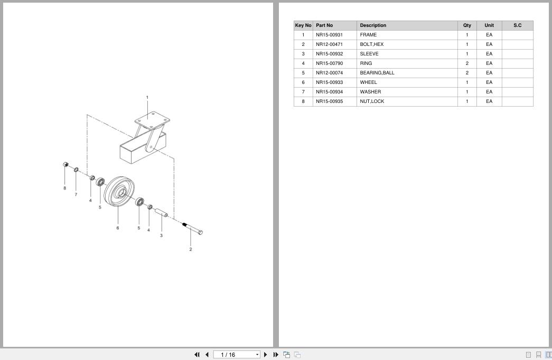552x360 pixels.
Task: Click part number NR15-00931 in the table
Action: tap(329, 35)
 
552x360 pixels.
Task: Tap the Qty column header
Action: tap(467, 25)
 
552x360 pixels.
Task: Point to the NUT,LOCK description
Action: tap(372, 101)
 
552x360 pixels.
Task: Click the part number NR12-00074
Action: tap(329, 73)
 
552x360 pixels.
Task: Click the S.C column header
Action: tap(517, 25)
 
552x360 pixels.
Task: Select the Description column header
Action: tap(373, 25)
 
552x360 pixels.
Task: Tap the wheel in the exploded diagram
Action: tap(119, 192)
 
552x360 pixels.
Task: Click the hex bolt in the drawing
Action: tap(192, 228)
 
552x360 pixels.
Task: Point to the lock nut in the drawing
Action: tap(66, 164)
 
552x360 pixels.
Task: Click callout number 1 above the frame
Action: tap(147, 98)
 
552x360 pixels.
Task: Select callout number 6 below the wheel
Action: tap(118, 228)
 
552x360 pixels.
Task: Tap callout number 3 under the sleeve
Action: tap(161, 235)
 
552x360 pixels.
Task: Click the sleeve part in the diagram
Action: tap(161, 213)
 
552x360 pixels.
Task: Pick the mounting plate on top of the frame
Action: tap(152, 120)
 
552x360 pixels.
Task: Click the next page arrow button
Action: tap(266, 355)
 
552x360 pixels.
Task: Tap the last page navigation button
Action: tap(276, 355)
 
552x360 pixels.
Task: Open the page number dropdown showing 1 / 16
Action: tap(237, 355)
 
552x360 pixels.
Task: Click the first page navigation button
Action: tap(197, 355)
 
